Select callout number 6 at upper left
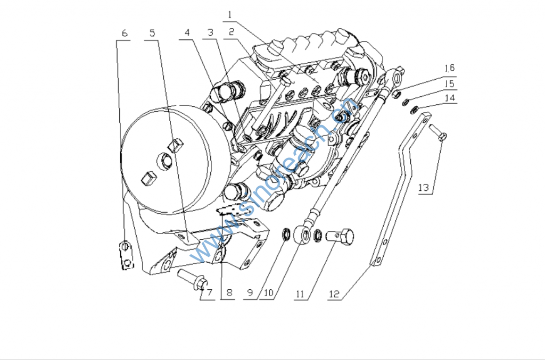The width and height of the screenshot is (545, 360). click(x=125, y=33)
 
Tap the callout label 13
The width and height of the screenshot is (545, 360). click(x=424, y=188)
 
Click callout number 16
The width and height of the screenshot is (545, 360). click(x=450, y=68)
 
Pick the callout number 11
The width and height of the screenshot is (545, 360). click(x=300, y=294)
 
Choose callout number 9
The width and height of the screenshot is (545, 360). click(x=250, y=293)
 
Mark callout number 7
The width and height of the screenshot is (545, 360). click(x=209, y=293)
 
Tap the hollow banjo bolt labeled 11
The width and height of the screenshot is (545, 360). click(x=341, y=236)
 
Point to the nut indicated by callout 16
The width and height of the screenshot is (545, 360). click(x=396, y=95)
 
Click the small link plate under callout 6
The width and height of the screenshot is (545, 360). click(x=125, y=255)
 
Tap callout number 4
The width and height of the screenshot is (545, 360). click(x=187, y=33)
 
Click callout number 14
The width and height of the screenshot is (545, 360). click(x=450, y=98)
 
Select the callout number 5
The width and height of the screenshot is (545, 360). click(x=153, y=33)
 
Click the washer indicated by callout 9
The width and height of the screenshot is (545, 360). click(x=286, y=233)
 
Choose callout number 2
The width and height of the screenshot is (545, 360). click(x=231, y=33)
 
